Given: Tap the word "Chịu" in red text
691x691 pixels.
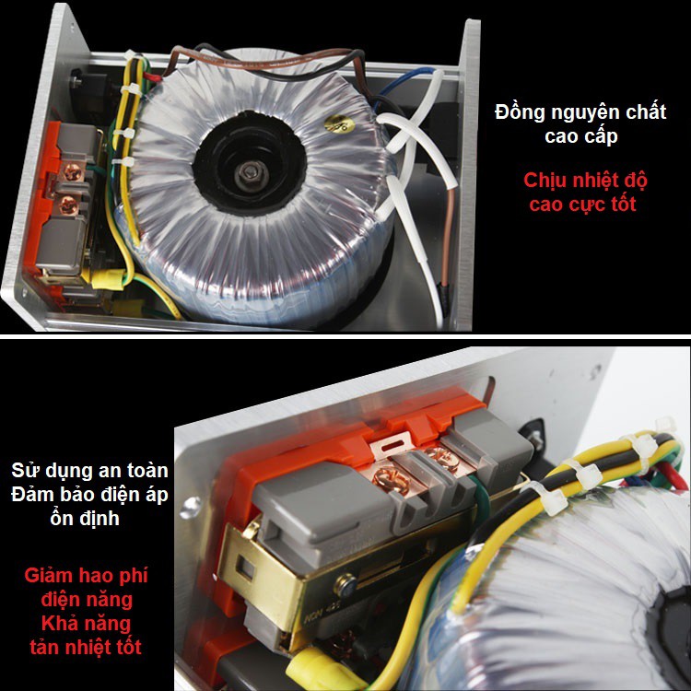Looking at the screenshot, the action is click(x=544, y=181).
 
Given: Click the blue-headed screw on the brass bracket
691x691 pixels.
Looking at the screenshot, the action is click(x=345, y=585).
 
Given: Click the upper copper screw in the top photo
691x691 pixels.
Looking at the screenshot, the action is click(x=72, y=172).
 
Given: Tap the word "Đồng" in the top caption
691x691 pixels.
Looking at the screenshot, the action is click(x=520, y=111).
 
